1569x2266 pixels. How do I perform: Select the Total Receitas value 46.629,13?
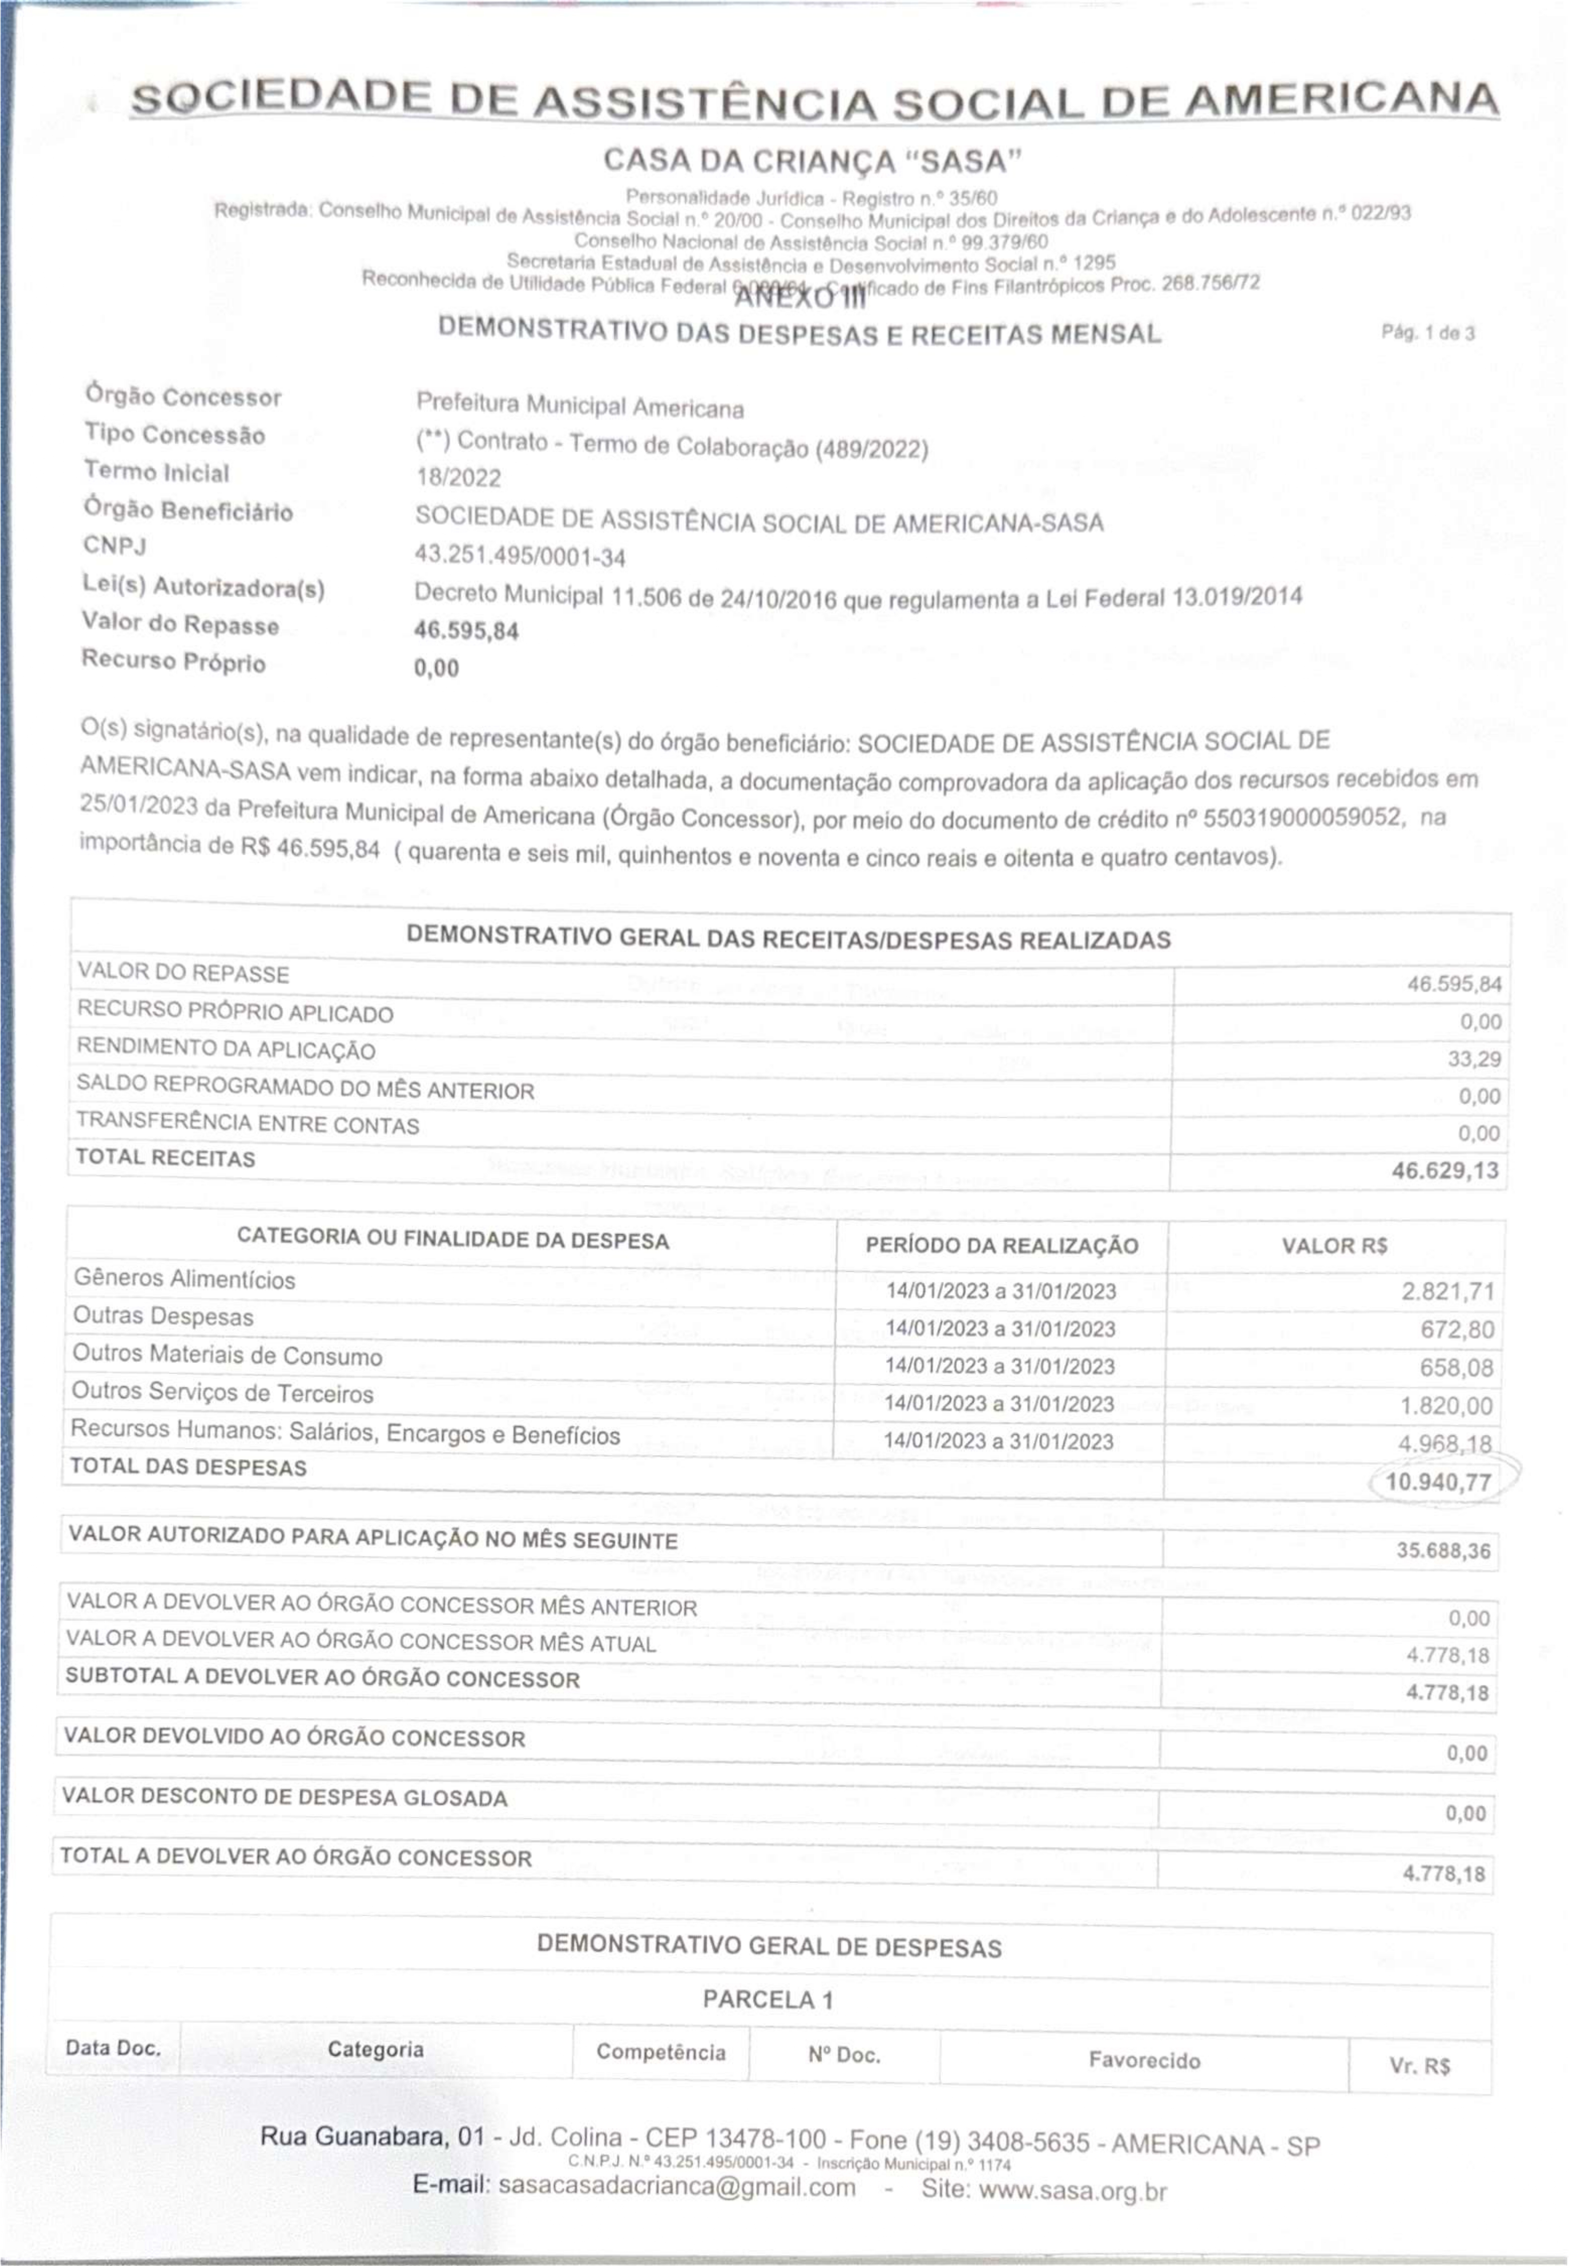pyautogui.click(x=1445, y=1170)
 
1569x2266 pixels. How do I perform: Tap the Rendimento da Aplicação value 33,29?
pyautogui.click(x=1475, y=1059)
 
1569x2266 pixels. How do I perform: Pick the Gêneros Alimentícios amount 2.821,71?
pyautogui.click(x=1447, y=1291)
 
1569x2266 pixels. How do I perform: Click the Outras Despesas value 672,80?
pyautogui.click(x=1457, y=1329)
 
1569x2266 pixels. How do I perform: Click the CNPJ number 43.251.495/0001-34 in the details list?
pyautogui.click(x=520, y=557)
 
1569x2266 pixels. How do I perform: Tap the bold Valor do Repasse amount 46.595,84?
pyautogui.click(x=466, y=630)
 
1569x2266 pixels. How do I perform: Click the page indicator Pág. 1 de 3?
pyautogui.click(x=1427, y=333)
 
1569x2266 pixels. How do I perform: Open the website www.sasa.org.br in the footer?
pyautogui.click(x=1072, y=2190)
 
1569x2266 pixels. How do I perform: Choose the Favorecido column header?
pyautogui.click(x=1144, y=2060)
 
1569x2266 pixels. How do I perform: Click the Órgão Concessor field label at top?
pyautogui.click(x=183, y=396)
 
